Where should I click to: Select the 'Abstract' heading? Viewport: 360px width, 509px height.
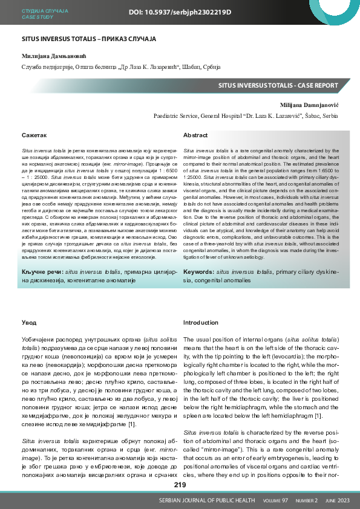click(195, 135)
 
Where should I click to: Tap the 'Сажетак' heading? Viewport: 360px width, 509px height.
click(34, 135)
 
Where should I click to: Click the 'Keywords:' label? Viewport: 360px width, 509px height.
click(198, 272)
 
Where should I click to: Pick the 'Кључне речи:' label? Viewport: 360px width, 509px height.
click(42, 272)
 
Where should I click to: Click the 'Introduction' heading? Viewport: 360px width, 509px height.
click(200, 323)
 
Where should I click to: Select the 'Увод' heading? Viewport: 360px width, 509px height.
click(29, 323)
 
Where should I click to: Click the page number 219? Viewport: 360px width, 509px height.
click(180, 485)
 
